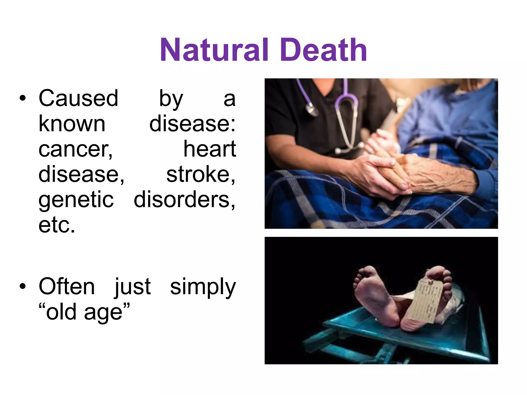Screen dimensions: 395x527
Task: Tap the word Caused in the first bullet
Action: [78, 98]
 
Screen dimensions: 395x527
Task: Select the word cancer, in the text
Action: [75, 149]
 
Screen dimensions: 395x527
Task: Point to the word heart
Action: [209, 149]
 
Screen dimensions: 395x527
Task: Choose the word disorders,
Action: [184, 200]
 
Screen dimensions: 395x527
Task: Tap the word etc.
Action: [57, 225]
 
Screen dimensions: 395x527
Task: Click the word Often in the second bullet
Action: [67, 287]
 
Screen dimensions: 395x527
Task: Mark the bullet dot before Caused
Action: [23, 98]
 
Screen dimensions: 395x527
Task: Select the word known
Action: [72, 124]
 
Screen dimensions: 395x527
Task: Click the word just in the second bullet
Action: [132, 287]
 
